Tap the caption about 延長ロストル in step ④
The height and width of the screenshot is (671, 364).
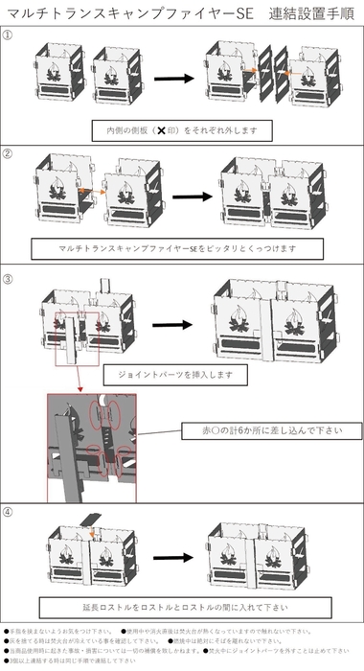point(181,608)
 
